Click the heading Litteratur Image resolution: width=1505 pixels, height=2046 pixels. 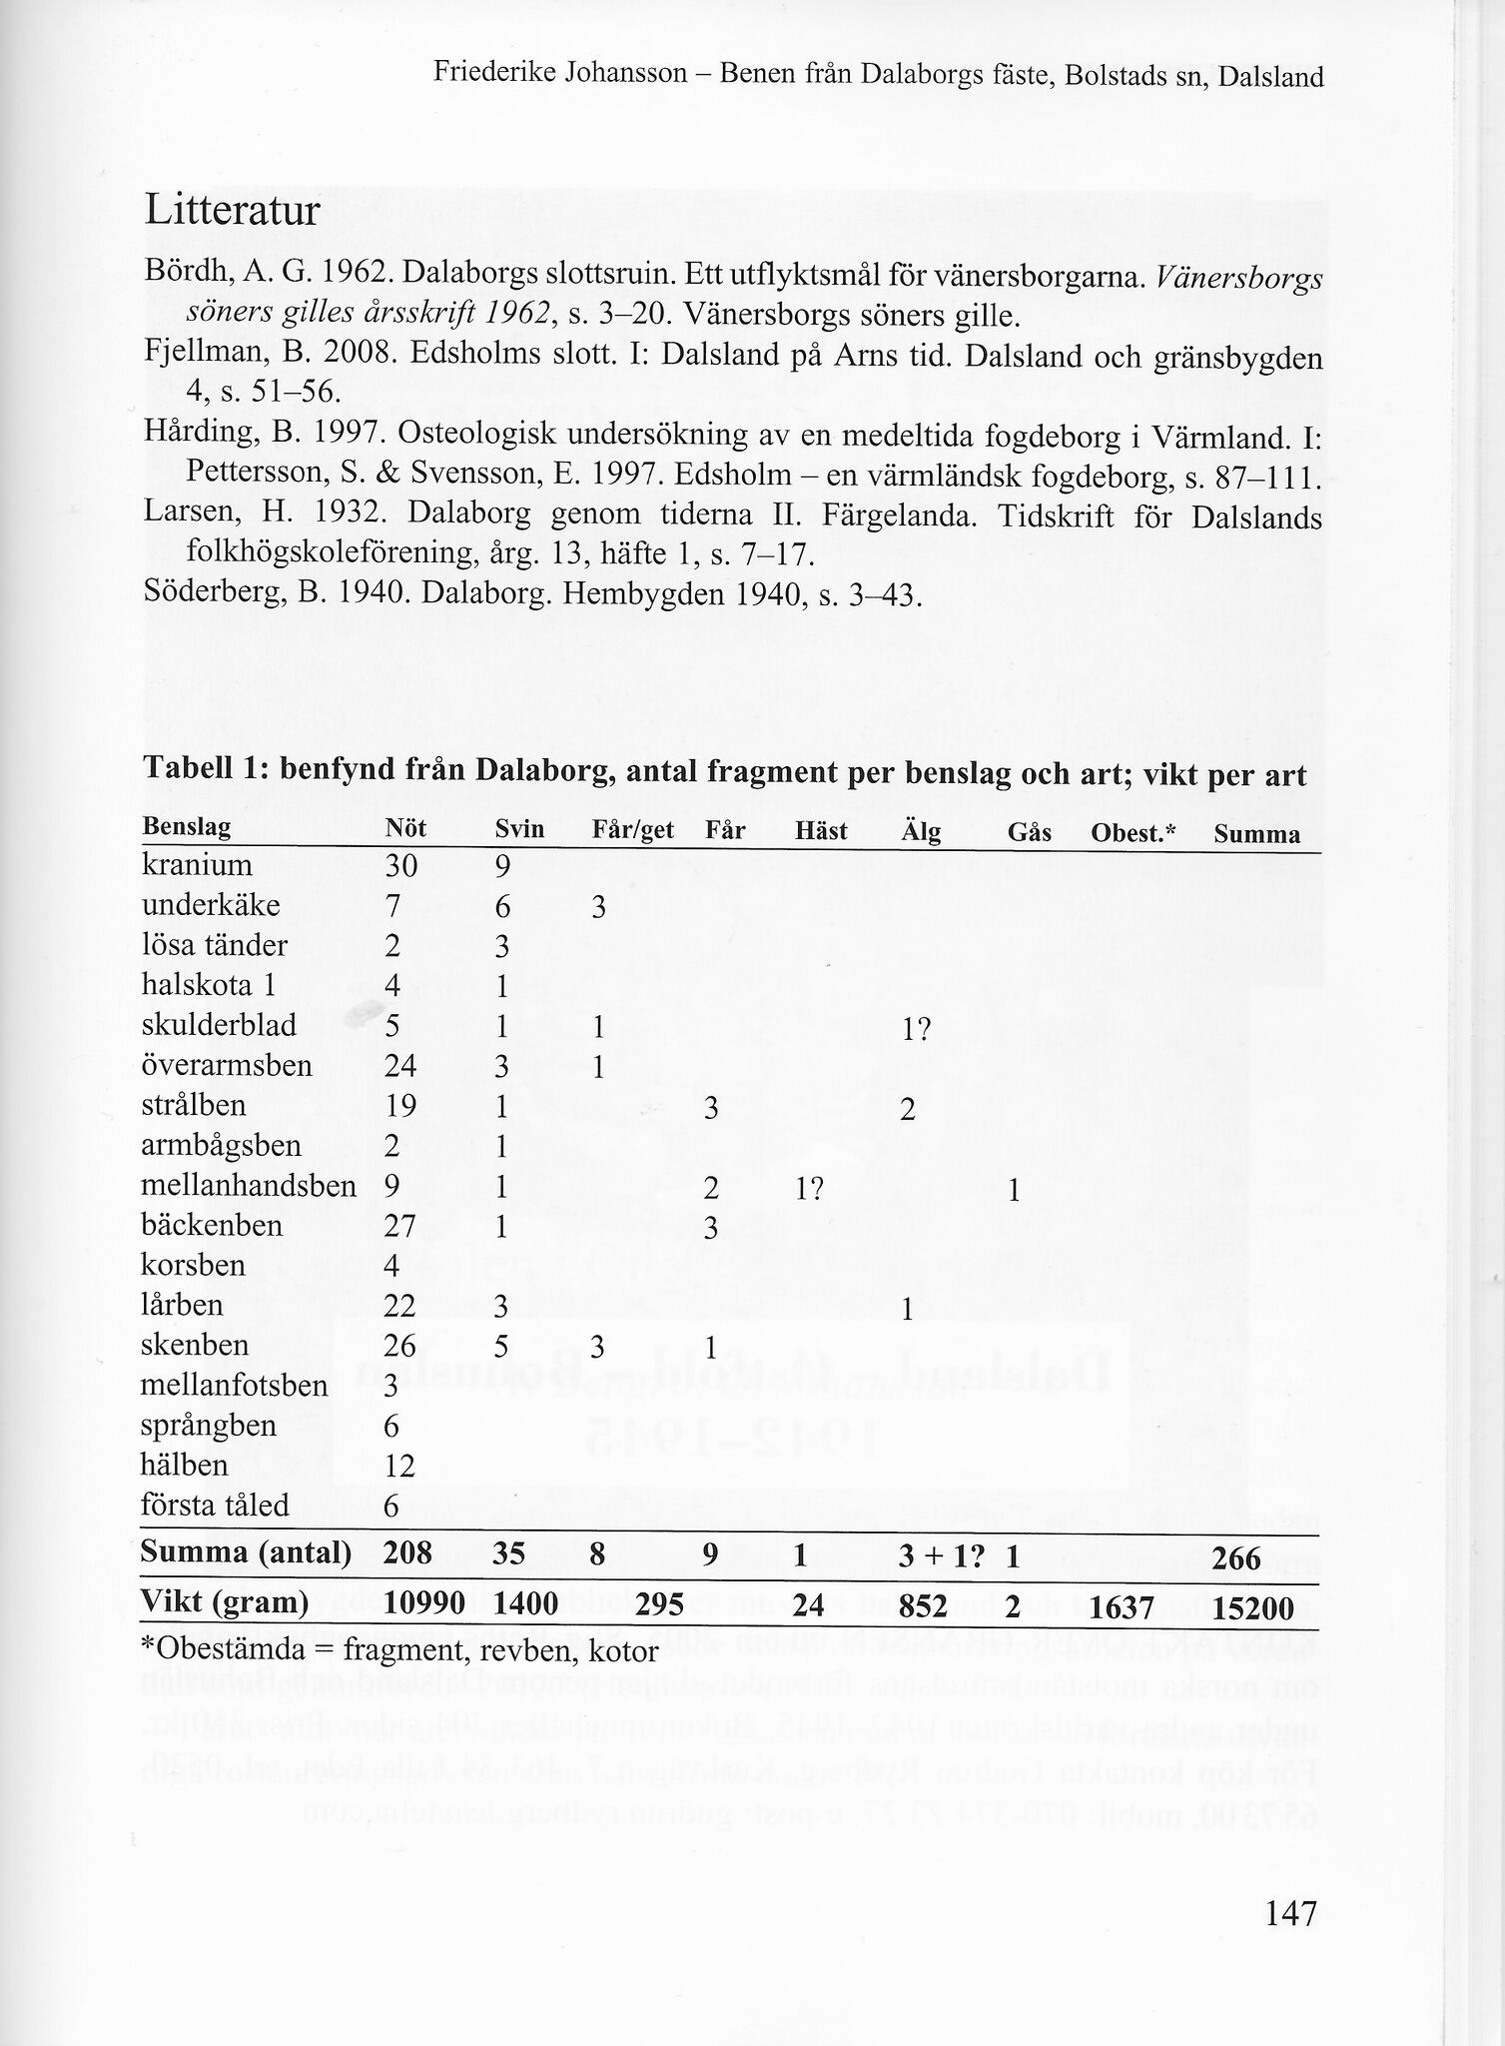[232, 212]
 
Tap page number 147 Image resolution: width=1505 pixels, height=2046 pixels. [1291, 1913]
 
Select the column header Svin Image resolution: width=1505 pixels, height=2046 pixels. [519, 830]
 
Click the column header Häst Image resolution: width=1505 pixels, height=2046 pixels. [821, 830]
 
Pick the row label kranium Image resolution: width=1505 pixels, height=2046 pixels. [198, 865]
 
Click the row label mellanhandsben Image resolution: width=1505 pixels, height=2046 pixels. [250, 1186]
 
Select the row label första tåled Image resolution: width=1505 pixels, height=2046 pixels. [215, 1506]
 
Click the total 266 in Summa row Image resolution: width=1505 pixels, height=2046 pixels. [1239, 1558]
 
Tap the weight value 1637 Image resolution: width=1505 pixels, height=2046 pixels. [1122, 1608]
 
